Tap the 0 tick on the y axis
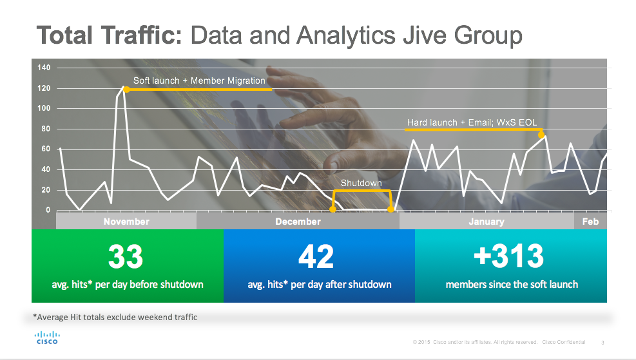[x=48, y=211]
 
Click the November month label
[x=126, y=222]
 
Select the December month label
[x=298, y=222]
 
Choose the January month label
[x=487, y=222]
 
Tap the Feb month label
[x=590, y=222]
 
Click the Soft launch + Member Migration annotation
[x=199, y=81]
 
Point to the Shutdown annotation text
[x=361, y=184]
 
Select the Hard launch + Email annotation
[x=472, y=122]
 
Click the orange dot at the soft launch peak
[x=126, y=90]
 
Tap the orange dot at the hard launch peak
[x=541, y=135]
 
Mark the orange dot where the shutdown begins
[x=332, y=209]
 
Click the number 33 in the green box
[x=126, y=256]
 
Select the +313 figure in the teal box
[x=508, y=256]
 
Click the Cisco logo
[x=46, y=337]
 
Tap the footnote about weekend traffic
[x=115, y=317]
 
